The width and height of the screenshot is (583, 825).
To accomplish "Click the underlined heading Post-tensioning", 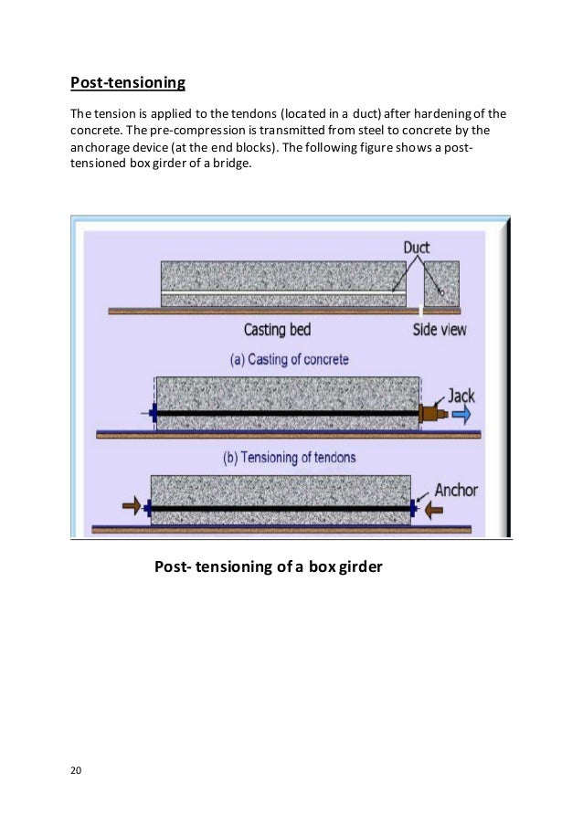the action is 128,84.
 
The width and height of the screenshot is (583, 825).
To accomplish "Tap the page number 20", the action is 76,770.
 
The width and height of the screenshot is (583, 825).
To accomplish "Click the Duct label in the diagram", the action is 416,247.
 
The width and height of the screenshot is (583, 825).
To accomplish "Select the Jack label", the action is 461,397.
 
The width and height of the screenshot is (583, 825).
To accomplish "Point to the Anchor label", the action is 456,490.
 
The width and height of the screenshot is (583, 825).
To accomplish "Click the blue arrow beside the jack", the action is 461,415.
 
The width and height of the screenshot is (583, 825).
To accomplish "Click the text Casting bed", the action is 278,329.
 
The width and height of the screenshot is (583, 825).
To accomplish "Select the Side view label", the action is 440,329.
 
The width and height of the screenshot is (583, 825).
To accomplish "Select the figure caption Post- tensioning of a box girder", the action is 268,567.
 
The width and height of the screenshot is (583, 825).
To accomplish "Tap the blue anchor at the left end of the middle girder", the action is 154,413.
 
